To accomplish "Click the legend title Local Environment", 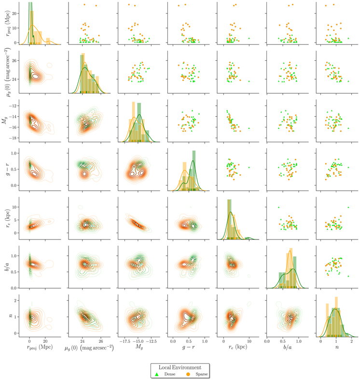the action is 180,367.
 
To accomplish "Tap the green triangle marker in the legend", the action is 157,374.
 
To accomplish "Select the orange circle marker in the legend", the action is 188,374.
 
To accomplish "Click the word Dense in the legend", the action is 170,374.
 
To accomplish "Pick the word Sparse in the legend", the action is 202,374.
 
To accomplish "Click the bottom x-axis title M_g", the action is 139,347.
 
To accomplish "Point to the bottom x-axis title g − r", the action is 189,347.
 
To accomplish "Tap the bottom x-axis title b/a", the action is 288,347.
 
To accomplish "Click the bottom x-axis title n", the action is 337,347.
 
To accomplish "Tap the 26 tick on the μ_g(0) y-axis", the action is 14,60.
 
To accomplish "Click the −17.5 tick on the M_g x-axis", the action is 125,341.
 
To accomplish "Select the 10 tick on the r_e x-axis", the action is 249,341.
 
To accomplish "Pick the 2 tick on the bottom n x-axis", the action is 351,341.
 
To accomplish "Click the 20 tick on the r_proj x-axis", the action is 45,341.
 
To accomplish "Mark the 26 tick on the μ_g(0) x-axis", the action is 101,341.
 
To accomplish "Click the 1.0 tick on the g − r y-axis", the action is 14,153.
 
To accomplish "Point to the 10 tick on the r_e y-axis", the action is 14,207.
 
